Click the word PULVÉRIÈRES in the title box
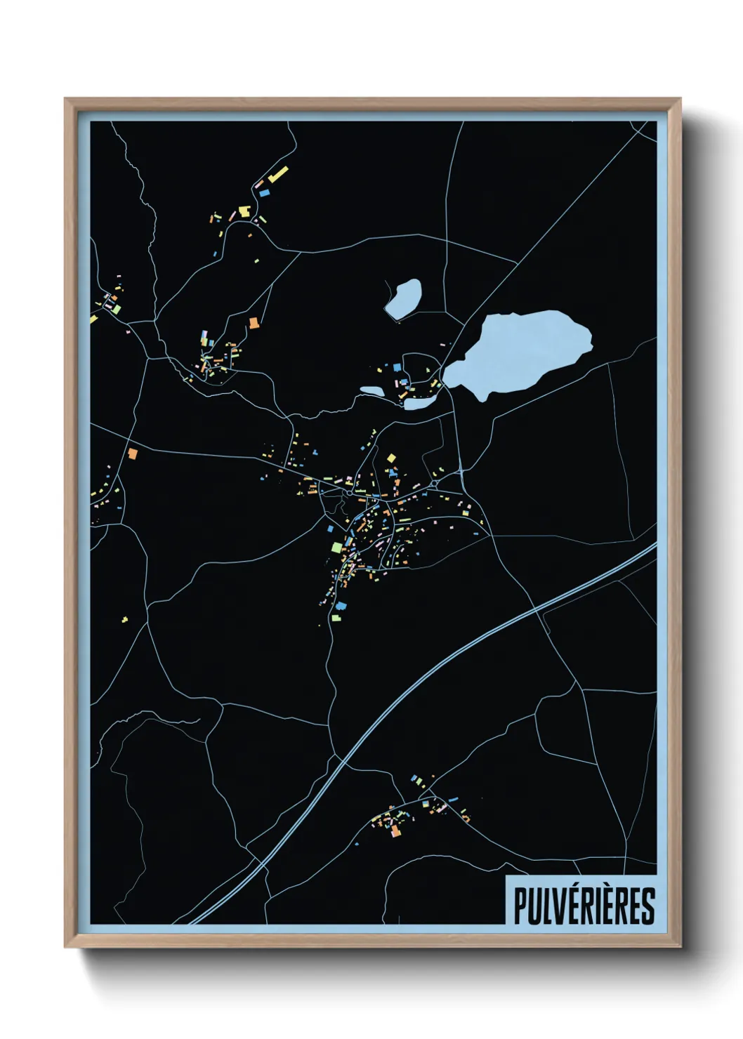click(x=584, y=906)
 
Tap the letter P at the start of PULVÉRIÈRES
click(x=520, y=906)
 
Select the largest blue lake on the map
click(x=523, y=350)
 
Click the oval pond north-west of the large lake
click(x=403, y=298)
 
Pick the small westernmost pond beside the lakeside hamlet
click(x=372, y=391)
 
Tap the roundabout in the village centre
click(x=348, y=493)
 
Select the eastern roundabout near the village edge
click(x=435, y=484)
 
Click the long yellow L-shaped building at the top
click(x=278, y=173)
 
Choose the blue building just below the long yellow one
click(x=265, y=191)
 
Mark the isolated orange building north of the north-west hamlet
click(x=254, y=323)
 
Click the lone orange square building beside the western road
click(x=132, y=454)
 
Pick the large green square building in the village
click(x=337, y=547)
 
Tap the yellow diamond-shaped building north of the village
click(x=391, y=458)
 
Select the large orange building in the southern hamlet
click(x=395, y=832)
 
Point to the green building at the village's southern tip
click(x=336, y=617)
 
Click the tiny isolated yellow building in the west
click(x=125, y=619)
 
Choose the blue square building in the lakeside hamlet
click(x=397, y=367)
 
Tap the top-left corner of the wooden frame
click(x=66, y=100)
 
